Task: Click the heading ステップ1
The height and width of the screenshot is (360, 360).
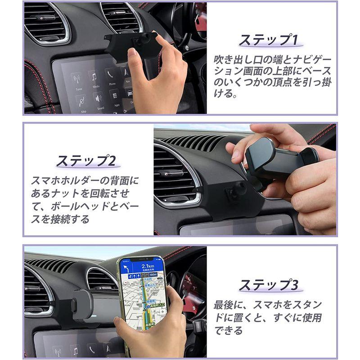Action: pos(268,40)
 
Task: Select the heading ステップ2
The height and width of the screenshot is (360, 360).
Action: pos(86,160)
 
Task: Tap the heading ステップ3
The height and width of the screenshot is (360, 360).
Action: pos(268,284)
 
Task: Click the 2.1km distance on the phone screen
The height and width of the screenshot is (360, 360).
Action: pos(145,266)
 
